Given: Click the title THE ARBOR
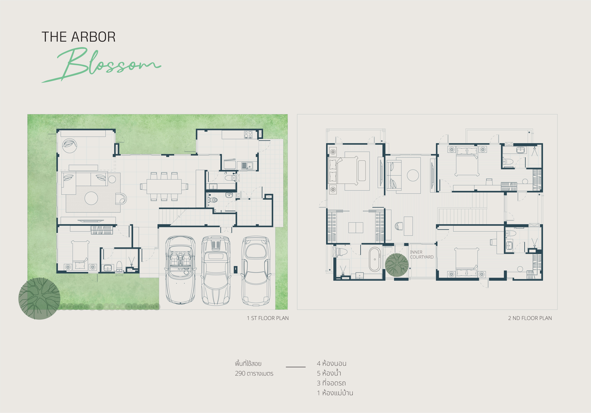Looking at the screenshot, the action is tap(79, 37).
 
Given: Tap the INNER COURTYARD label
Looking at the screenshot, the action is tap(422, 255).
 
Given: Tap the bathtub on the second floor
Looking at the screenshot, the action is tap(375, 259).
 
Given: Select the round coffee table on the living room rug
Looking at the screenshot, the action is tap(91, 198).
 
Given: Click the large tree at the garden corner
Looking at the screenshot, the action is tap(39, 299).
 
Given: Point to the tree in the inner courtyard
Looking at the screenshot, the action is tap(397, 265).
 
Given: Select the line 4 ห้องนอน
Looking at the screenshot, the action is tap(332, 364).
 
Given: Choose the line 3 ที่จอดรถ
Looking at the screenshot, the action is tap(331, 383).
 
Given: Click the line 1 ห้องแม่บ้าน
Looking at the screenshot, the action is tap(335, 393).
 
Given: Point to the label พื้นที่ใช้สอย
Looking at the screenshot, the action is tap(248, 364).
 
